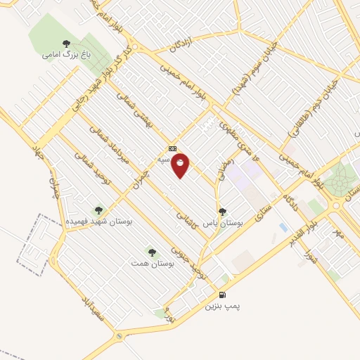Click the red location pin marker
[x=181, y=165]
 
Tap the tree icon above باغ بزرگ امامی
[x=67, y=44]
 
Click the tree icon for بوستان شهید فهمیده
[x=98, y=210]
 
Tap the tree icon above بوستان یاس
[x=222, y=211]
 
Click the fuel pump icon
[x=223, y=295]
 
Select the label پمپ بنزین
[x=222, y=307]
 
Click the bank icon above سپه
[x=172, y=149]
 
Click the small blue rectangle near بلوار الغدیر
[x=283, y=228]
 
